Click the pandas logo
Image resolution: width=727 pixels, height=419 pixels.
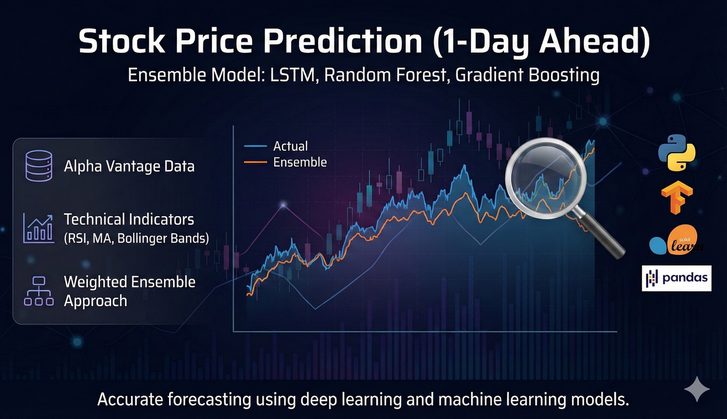pos(676,278)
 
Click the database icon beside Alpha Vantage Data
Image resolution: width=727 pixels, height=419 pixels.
pos(38,166)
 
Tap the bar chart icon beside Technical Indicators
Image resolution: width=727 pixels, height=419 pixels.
pos(38,229)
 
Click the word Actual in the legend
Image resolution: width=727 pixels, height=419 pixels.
pos(290,146)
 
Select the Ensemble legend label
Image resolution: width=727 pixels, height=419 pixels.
pos(300,162)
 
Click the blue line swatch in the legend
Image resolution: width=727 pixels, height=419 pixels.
pos(255,146)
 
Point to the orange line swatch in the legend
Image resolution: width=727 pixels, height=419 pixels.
pos(255,162)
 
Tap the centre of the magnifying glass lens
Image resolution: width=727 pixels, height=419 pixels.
pos(546,179)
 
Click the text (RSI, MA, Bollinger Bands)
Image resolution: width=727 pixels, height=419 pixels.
pos(136,238)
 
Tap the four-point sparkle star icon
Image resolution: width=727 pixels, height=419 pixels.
pos(697,389)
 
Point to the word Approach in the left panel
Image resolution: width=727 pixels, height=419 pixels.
pos(95,301)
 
